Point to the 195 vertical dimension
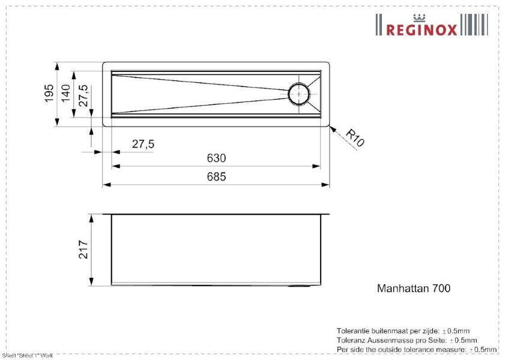point(49,92)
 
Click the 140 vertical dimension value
point(66,92)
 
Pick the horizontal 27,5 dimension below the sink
point(143,144)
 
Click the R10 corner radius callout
point(355,139)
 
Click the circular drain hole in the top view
point(298,94)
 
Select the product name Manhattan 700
point(413,288)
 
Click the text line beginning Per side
point(417,349)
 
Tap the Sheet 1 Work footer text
point(28,356)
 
